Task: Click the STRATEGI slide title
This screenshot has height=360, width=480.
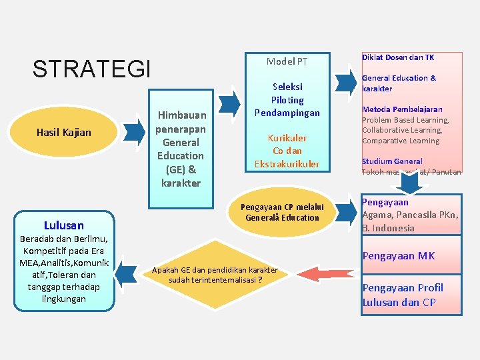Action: point(92,69)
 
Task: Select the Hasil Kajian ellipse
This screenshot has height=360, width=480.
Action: point(64,133)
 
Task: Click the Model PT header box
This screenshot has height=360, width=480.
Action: point(287,61)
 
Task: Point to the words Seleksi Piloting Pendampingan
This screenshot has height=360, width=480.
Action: point(287,99)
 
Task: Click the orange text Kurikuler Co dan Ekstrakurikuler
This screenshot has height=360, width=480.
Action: point(287,151)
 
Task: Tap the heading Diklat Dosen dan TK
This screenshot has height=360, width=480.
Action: point(398,58)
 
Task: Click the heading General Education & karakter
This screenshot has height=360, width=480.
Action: point(399,83)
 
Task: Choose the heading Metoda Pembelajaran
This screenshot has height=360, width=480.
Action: point(402,109)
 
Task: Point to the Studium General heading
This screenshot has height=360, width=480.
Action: point(392,161)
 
